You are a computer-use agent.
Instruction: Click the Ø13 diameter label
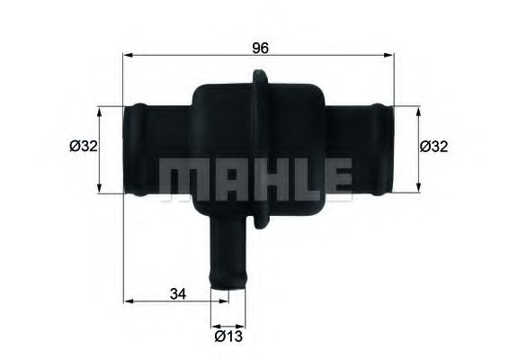[228, 340]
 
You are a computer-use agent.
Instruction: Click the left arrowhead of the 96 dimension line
[128, 56]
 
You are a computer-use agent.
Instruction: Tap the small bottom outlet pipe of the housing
[227, 256]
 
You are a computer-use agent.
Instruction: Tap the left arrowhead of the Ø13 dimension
[214, 325]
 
